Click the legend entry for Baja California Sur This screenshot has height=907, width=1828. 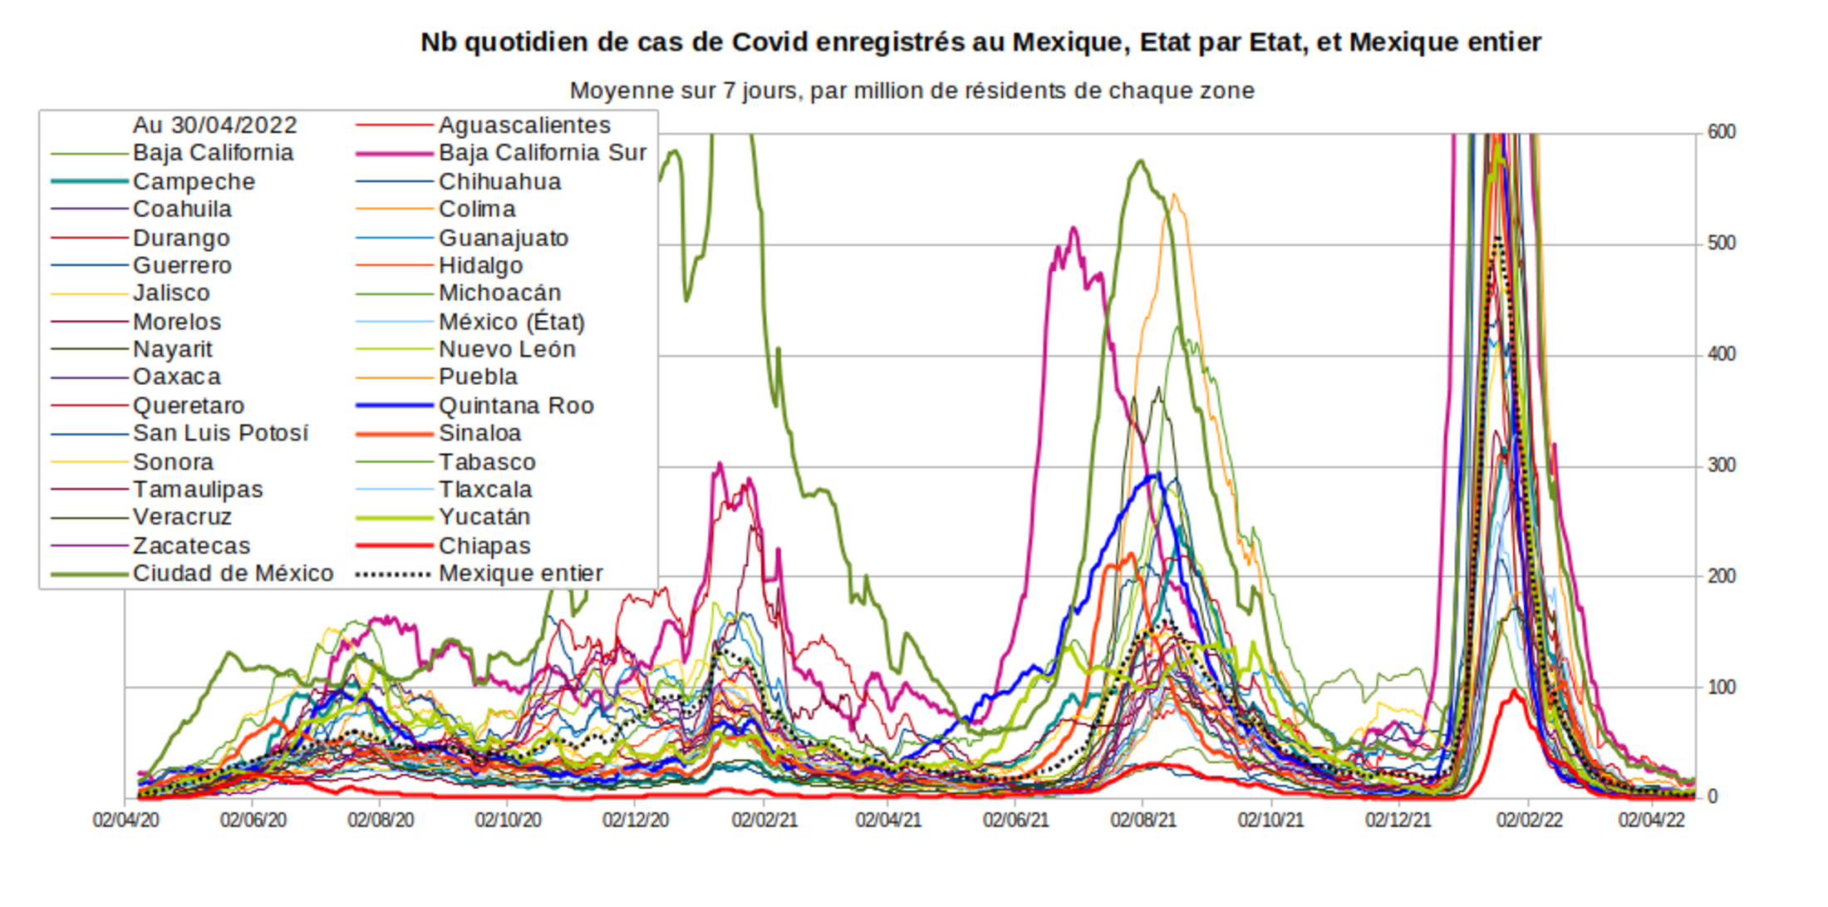tap(542, 153)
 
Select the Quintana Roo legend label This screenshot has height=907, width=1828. tap(516, 406)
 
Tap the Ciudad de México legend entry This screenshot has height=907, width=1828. tap(233, 574)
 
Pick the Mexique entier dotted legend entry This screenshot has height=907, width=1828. tap(520, 574)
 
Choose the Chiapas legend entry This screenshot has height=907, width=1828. tap(484, 546)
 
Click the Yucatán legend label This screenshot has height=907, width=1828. tap(484, 517)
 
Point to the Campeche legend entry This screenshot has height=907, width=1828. tap(194, 181)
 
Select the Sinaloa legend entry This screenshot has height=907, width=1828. tap(479, 433)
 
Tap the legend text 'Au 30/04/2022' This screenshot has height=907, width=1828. tap(214, 126)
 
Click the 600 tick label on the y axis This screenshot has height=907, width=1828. tap(1722, 132)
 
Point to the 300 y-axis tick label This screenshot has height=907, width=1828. tap(1722, 466)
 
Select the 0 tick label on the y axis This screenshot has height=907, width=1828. tap(1713, 797)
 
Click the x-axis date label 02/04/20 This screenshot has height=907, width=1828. tap(126, 821)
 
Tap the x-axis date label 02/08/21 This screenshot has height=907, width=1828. tap(1143, 821)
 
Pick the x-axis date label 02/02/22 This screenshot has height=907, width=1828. tap(1529, 821)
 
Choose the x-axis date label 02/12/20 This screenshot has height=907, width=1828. tap(636, 821)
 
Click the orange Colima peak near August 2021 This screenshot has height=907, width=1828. tap(1174, 196)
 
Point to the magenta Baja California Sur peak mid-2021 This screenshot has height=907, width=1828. tap(1074, 228)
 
